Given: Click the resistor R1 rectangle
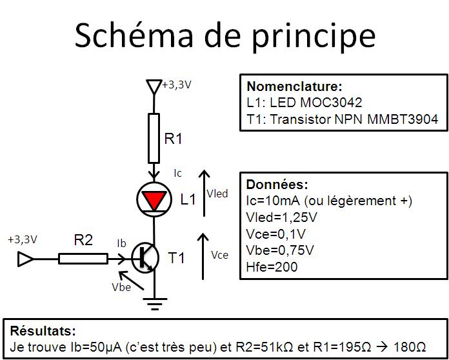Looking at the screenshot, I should tap(154, 137).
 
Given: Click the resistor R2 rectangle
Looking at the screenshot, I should tap(83, 259).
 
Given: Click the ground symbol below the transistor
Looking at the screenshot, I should tap(154, 302).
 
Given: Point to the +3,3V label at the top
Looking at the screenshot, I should tap(176, 85).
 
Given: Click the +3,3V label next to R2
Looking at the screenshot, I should tap(23, 239).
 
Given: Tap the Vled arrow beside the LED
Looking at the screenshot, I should tap(204, 194).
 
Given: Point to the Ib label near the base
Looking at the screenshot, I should tap(121, 243).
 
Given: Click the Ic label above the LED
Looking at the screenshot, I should tap(178, 173).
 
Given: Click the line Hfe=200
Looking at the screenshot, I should tap(272, 266).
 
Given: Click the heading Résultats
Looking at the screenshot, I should tap(43, 330).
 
